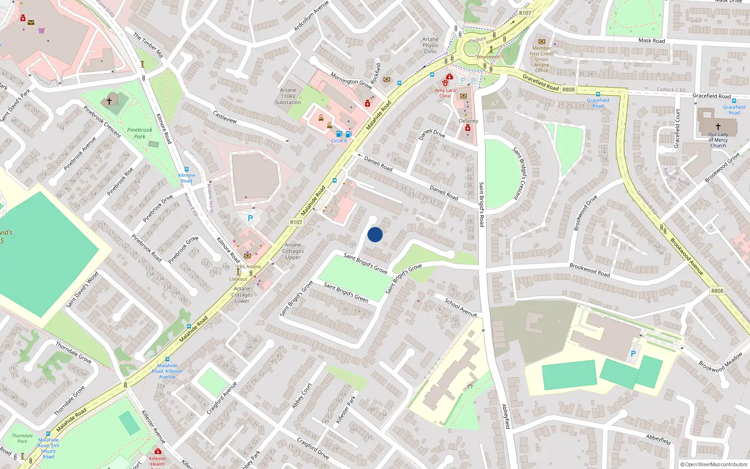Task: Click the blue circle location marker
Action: pos(375,234)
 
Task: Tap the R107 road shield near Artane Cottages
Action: pos(296,222)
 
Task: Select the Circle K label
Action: pos(339,141)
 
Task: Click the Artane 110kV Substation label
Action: pos(288,96)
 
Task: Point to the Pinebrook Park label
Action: pos(140,133)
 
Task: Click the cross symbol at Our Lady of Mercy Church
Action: pos(718,127)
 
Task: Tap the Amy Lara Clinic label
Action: pos(445,93)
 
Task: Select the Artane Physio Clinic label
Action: pos(430,45)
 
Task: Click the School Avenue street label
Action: pos(461,308)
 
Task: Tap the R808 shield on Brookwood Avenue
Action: pos(717,291)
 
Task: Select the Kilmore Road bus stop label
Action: pos(187,178)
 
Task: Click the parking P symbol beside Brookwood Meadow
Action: pos(633,354)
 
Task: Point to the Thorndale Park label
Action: pos(22,439)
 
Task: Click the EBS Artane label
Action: pos(249,266)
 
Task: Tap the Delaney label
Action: pos(468,121)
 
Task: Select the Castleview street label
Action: pos(225,117)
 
